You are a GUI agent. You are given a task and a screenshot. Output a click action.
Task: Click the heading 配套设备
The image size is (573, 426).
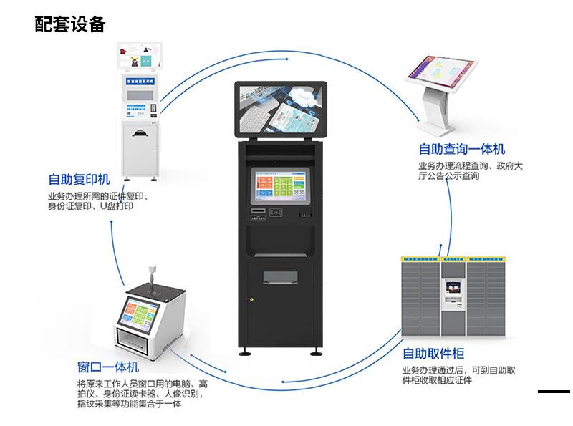[70, 24]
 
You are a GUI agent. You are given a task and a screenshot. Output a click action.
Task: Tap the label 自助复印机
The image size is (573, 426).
[80, 179]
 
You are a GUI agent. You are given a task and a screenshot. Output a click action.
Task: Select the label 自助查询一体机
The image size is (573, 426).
[462, 149]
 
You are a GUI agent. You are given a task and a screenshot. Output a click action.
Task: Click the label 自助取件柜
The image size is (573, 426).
[433, 354]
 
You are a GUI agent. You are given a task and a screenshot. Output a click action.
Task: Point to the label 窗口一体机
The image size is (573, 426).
[108, 367]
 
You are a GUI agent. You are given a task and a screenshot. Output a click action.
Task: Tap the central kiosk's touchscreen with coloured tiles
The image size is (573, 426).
[280, 185]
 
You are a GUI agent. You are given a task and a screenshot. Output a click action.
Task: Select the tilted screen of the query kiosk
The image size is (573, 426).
[443, 73]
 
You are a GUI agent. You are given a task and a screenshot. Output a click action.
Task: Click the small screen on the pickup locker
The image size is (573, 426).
[451, 287]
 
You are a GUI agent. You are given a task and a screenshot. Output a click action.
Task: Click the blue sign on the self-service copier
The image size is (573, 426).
[140, 82]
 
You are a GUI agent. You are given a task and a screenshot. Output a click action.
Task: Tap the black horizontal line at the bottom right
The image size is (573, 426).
[554, 391]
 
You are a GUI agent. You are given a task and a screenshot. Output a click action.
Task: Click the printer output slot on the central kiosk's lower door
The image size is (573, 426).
[280, 276]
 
